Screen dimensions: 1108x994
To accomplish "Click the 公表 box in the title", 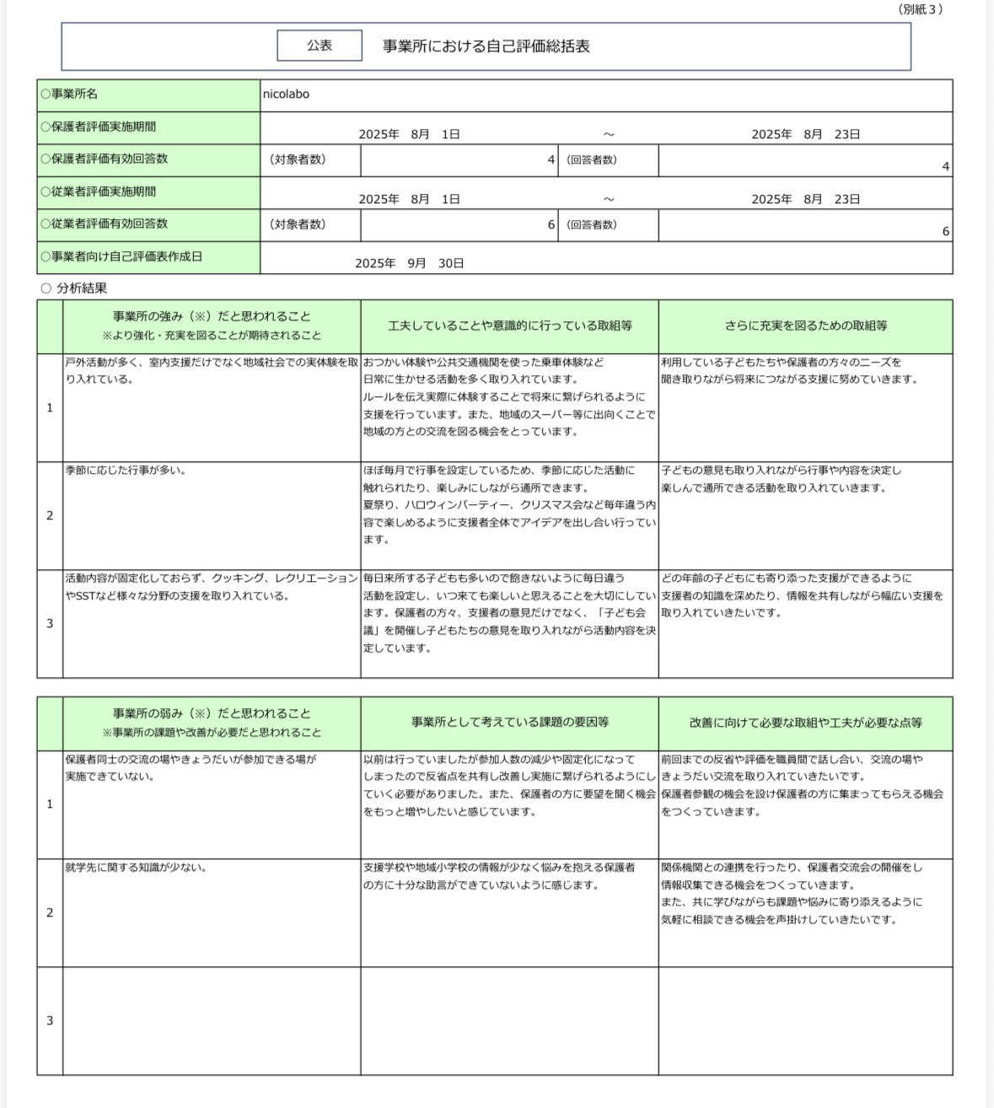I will coord(320,46).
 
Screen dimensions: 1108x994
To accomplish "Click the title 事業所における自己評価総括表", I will coord(486,46).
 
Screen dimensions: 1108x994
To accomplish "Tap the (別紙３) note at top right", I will coord(920,9).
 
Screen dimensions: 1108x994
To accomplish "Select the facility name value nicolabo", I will coord(286,94).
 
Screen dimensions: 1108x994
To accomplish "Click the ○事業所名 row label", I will coord(69,94).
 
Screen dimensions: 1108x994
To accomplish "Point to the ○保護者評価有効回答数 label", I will coord(104,159).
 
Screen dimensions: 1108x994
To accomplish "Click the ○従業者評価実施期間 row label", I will coord(98,191).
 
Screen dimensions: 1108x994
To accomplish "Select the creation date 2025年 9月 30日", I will coord(409,263).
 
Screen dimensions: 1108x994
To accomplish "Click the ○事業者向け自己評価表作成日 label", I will coord(121,256).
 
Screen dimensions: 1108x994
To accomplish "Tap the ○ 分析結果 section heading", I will coord(74,288).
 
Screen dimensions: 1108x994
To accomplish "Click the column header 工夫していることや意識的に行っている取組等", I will coord(509,325).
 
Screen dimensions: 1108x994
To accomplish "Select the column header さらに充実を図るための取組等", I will coord(805,325).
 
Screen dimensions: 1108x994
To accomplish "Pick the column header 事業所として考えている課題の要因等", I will coord(509,723).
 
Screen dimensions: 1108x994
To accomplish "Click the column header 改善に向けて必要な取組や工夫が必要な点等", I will coord(805,723).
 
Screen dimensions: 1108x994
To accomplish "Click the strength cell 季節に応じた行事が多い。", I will coord(126,471).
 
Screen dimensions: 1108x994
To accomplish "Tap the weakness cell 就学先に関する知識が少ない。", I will coord(136,867).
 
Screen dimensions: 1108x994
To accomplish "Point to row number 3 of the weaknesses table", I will coord(50,1020).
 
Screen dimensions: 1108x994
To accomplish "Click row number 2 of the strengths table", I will coord(50,515).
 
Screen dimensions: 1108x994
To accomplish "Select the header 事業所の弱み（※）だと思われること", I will coord(212,714).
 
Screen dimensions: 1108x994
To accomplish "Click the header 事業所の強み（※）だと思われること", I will coord(212,317).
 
